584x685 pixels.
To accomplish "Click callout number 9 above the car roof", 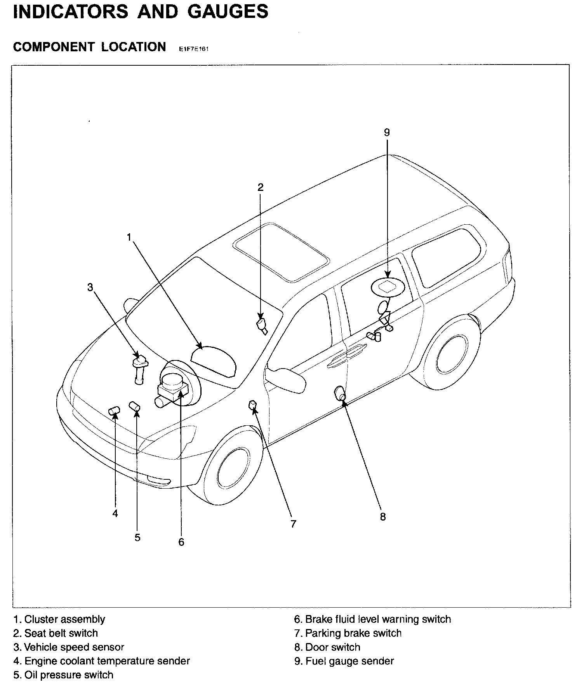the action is point(386,133).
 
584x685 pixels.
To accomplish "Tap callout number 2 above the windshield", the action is point(261,187).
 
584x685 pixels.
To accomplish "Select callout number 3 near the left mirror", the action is point(90,287).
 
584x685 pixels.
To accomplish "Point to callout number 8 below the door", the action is point(383,517).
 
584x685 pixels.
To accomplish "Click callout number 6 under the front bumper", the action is point(181,542).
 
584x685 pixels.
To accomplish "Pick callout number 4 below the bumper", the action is point(115,514).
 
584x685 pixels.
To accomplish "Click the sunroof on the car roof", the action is point(281,252).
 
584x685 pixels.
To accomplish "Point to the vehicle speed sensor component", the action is point(139,370).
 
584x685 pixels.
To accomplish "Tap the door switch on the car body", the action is point(340,393).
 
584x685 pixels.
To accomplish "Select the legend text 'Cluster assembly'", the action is point(59,619).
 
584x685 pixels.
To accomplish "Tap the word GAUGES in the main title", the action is point(228,11).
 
